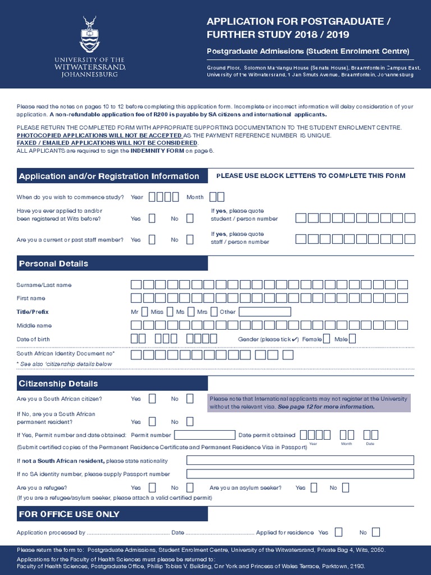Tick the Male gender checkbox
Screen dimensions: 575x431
(x=352, y=339)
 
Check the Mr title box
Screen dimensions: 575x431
(x=145, y=312)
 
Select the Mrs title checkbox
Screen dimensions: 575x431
(x=214, y=312)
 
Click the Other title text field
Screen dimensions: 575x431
(x=265, y=312)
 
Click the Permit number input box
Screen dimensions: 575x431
(x=205, y=435)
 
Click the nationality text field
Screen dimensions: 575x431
(x=300, y=460)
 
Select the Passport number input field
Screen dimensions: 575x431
(x=300, y=474)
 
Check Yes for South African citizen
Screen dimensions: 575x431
(x=152, y=399)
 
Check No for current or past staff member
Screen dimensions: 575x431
(x=190, y=239)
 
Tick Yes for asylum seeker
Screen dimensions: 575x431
(x=314, y=487)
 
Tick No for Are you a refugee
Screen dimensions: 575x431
(x=190, y=487)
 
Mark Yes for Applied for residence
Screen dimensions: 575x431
(x=338, y=532)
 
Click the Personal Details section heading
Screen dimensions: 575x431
(x=54, y=263)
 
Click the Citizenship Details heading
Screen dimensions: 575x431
(x=58, y=384)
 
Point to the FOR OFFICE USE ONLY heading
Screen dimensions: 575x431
(x=69, y=514)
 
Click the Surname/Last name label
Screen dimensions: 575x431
(x=44, y=285)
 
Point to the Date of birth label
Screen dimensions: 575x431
(x=33, y=339)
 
